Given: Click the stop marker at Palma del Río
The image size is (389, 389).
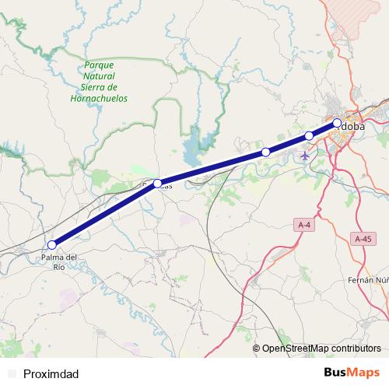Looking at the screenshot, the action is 52,244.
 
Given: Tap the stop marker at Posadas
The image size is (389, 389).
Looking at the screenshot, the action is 157,184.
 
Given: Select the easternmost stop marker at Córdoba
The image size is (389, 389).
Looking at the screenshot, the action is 337,123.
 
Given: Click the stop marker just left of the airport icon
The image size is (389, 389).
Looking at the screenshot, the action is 266,152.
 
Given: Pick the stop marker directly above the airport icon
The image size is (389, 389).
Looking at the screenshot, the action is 309,136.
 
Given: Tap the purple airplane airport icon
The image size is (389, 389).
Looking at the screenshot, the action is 304,156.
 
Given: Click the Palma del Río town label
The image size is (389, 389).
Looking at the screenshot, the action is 59,261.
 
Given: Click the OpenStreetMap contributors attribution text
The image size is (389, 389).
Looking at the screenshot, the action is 321,349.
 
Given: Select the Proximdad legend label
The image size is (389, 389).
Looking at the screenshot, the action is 51,373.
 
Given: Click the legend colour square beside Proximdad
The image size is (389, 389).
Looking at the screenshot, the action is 11,373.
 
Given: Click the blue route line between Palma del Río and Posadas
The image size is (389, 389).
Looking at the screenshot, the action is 105,214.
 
